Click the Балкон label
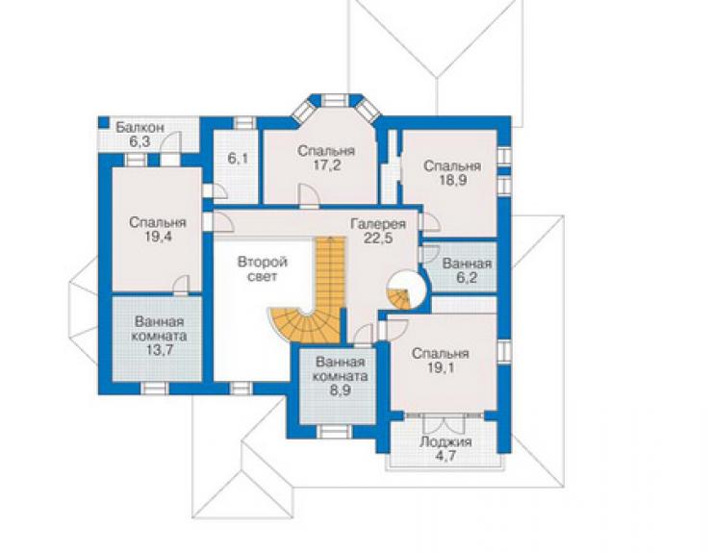[140, 128]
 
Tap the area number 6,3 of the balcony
[140, 141]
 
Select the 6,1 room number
[238, 159]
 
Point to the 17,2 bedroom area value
[325, 164]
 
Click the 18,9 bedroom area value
[452, 180]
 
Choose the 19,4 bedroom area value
[158, 236]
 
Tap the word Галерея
[378, 224]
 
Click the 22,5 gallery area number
[378, 238]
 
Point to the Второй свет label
[263, 269]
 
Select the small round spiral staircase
[406, 291]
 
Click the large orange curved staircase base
[303, 325]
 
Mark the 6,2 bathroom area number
[467, 278]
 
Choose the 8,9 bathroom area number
[340, 390]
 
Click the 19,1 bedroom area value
[440, 367]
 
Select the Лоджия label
[445, 441]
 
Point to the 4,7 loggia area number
[445, 456]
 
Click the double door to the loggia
[445, 423]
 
